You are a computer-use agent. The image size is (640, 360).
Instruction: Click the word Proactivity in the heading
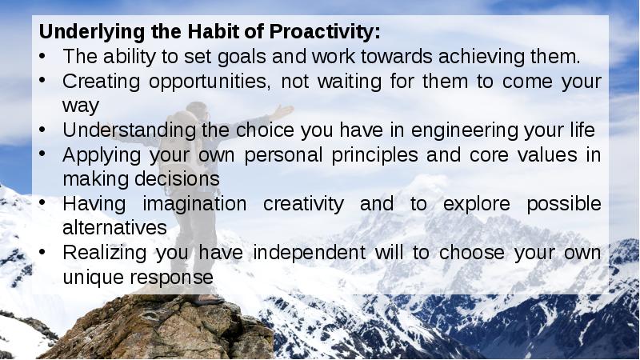[x=325, y=34]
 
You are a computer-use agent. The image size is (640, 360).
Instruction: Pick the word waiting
[x=361, y=82]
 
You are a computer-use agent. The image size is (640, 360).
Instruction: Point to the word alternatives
[x=114, y=228]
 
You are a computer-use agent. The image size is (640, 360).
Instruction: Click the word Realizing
[x=99, y=253]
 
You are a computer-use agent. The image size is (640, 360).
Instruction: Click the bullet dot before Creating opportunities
[x=44, y=82]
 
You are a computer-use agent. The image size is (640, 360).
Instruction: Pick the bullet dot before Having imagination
[x=44, y=204]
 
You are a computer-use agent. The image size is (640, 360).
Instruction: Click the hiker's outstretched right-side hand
[x=285, y=110]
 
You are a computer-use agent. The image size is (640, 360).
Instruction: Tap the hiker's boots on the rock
[x=204, y=299]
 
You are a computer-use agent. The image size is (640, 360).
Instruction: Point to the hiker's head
[x=198, y=110]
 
